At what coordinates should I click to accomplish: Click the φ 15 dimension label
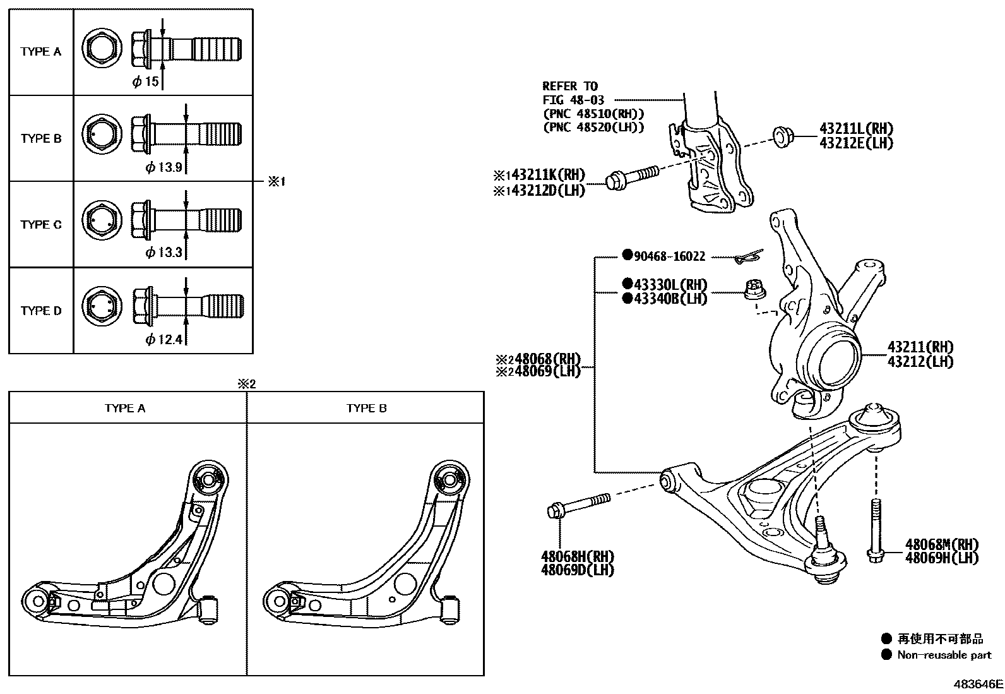[x=145, y=81]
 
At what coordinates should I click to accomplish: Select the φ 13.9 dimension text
[x=164, y=167]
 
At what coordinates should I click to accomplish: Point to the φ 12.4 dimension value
[x=164, y=340]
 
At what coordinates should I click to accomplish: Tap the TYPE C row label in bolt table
[x=41, y=225]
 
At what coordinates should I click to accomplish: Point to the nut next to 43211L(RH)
[x=783, y=135]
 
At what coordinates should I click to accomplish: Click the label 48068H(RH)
[x=577, y=556]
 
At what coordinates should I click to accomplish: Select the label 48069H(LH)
[x=941, y=558]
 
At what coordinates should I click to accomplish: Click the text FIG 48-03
[x=573, y=100]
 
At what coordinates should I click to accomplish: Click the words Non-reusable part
[x=944, y=655]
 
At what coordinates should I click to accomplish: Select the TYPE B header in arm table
[x=366, y=408]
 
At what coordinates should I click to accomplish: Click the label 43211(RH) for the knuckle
[x=920, y=347]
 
